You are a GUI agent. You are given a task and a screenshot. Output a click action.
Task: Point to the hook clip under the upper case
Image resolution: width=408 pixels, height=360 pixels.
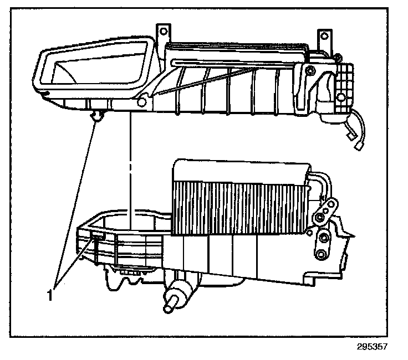98,115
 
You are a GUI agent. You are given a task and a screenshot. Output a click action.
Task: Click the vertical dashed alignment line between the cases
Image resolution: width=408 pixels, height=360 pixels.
129,166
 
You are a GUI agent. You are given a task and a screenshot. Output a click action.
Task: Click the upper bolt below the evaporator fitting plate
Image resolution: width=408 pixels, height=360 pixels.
322,239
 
